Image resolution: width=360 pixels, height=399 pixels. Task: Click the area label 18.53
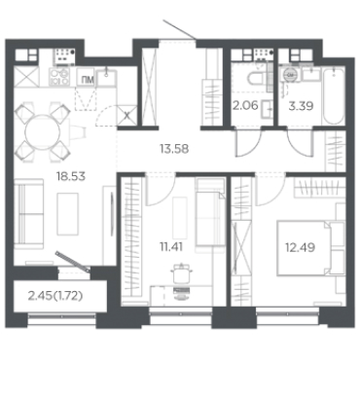point(71,176)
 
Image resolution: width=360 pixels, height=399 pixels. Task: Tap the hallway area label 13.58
point(174,149)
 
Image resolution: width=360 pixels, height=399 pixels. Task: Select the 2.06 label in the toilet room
point(245,105)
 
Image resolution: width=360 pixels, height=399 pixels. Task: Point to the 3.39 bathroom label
point(301,106)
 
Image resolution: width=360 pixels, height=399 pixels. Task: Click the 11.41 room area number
point(171,247)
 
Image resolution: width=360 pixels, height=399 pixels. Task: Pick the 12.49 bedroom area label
point(301,248)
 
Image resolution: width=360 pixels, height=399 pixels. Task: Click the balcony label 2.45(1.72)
point(55,296)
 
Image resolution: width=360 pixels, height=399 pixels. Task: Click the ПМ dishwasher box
point(86,78)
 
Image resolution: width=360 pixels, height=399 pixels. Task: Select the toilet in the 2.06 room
point(257,79)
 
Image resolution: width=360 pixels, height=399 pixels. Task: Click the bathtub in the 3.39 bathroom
point(334,95)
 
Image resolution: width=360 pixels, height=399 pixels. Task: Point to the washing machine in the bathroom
point(291,75)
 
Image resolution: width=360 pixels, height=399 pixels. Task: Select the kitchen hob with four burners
point(59,77)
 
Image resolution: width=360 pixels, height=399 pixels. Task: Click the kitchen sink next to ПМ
point(106,78)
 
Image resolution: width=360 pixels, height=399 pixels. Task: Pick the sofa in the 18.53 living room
point(29,214)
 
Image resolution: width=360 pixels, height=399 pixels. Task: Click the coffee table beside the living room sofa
point(68,214)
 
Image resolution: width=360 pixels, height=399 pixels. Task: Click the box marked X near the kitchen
point(126,115)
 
